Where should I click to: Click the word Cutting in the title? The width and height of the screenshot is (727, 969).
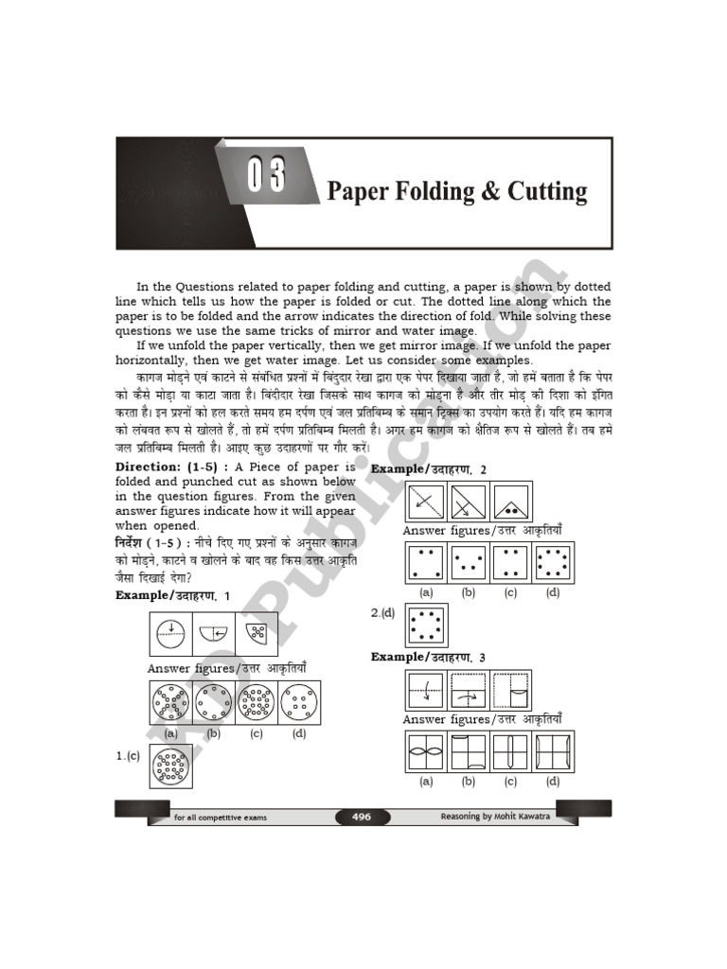click(548, 192)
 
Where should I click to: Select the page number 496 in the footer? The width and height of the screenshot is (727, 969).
click(362, 816)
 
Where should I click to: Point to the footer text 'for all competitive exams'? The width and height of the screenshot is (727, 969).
click(221, 817)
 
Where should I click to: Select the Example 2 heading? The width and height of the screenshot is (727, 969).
click(429, 469)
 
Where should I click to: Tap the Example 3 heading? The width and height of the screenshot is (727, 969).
click(429, 657)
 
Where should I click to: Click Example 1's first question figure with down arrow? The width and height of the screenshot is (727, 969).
click(170, 633)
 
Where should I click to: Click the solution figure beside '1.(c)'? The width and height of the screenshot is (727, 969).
click(171, 766)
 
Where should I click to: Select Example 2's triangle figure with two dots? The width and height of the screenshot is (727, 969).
click(511, 502)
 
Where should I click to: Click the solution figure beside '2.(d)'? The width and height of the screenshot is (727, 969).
click(425, 625)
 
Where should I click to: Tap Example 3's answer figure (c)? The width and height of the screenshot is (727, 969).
click(510, 753)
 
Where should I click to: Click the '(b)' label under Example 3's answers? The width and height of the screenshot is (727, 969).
click(468, 782)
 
